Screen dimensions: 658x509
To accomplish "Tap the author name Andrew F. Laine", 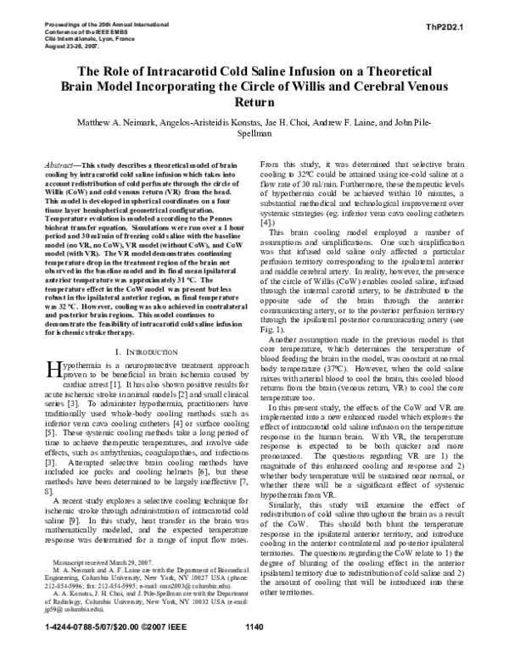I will point(366,121).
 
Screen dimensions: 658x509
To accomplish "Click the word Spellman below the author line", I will point(254,134).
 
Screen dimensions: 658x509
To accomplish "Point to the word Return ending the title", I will point(254,102).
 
